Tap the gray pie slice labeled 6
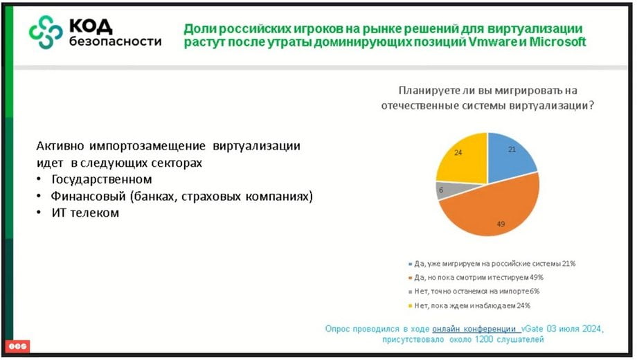pyautogui.click(x=447, y=190)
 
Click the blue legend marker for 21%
pyautogui.click(x=410, y=264)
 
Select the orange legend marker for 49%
pyautogui.click(x=410, y=278)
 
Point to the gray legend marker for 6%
pyautogui.click(x=410, y=291)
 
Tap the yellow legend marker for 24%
pyautogui.click(x=410, y=305)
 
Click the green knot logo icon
pyautogui.click(x=46, y=32)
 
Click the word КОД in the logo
pyautogui.click(x=91, y=26)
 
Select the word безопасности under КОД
pyautogui.click(x=115, y=42)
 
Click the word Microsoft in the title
pyautogui.click(x=557, y=42)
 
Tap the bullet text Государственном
pyautogui.click(x=102, y=179)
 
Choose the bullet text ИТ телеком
pyautogui.click(x=85, y=213)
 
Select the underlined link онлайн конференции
pyautogui.click(x=474, y=329)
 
